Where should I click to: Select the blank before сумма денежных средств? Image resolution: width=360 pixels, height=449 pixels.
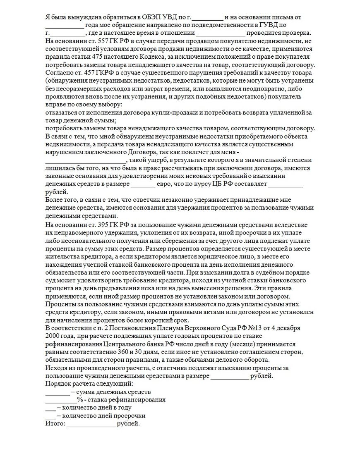click(x=57, y=392)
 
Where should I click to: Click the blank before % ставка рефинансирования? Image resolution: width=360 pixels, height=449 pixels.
click(x=60, y=400)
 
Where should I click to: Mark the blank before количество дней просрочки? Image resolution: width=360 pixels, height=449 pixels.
click(x=50, y=416)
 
